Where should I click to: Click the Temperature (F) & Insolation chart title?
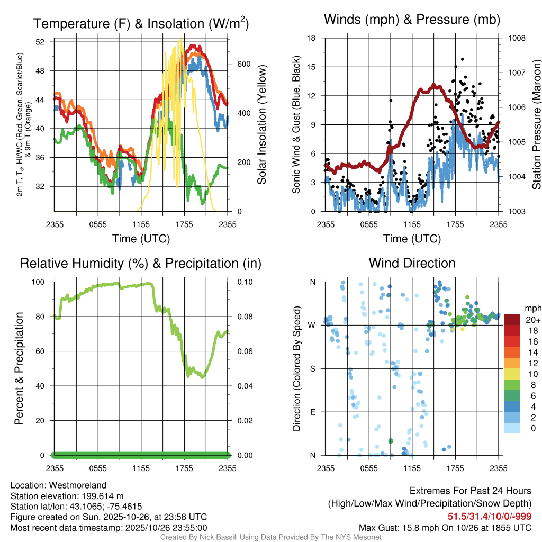pyautogui.click(x=141, y=23)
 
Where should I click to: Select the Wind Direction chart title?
pyautogui.click(x=412, y=263)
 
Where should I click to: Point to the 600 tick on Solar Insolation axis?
pyautogui.click(x=243, y=64)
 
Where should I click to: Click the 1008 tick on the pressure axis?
pyautogui.click(x=516, y=38)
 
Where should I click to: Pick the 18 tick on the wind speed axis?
pyautogui.click(x=311, y=38)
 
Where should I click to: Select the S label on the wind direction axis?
pyautogui.click(x=312, y=368)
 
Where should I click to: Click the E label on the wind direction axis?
pyautogui.click(x=312, y=412)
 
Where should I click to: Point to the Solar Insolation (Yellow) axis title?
pyautogui.click(x=262, y=125)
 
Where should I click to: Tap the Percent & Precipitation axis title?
pyautogui.click(x=19, y=368)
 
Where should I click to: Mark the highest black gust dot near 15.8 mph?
pyautogui.click(x=462, y=59)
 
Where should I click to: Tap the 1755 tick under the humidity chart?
pyautogui.click(x=185, y=468)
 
